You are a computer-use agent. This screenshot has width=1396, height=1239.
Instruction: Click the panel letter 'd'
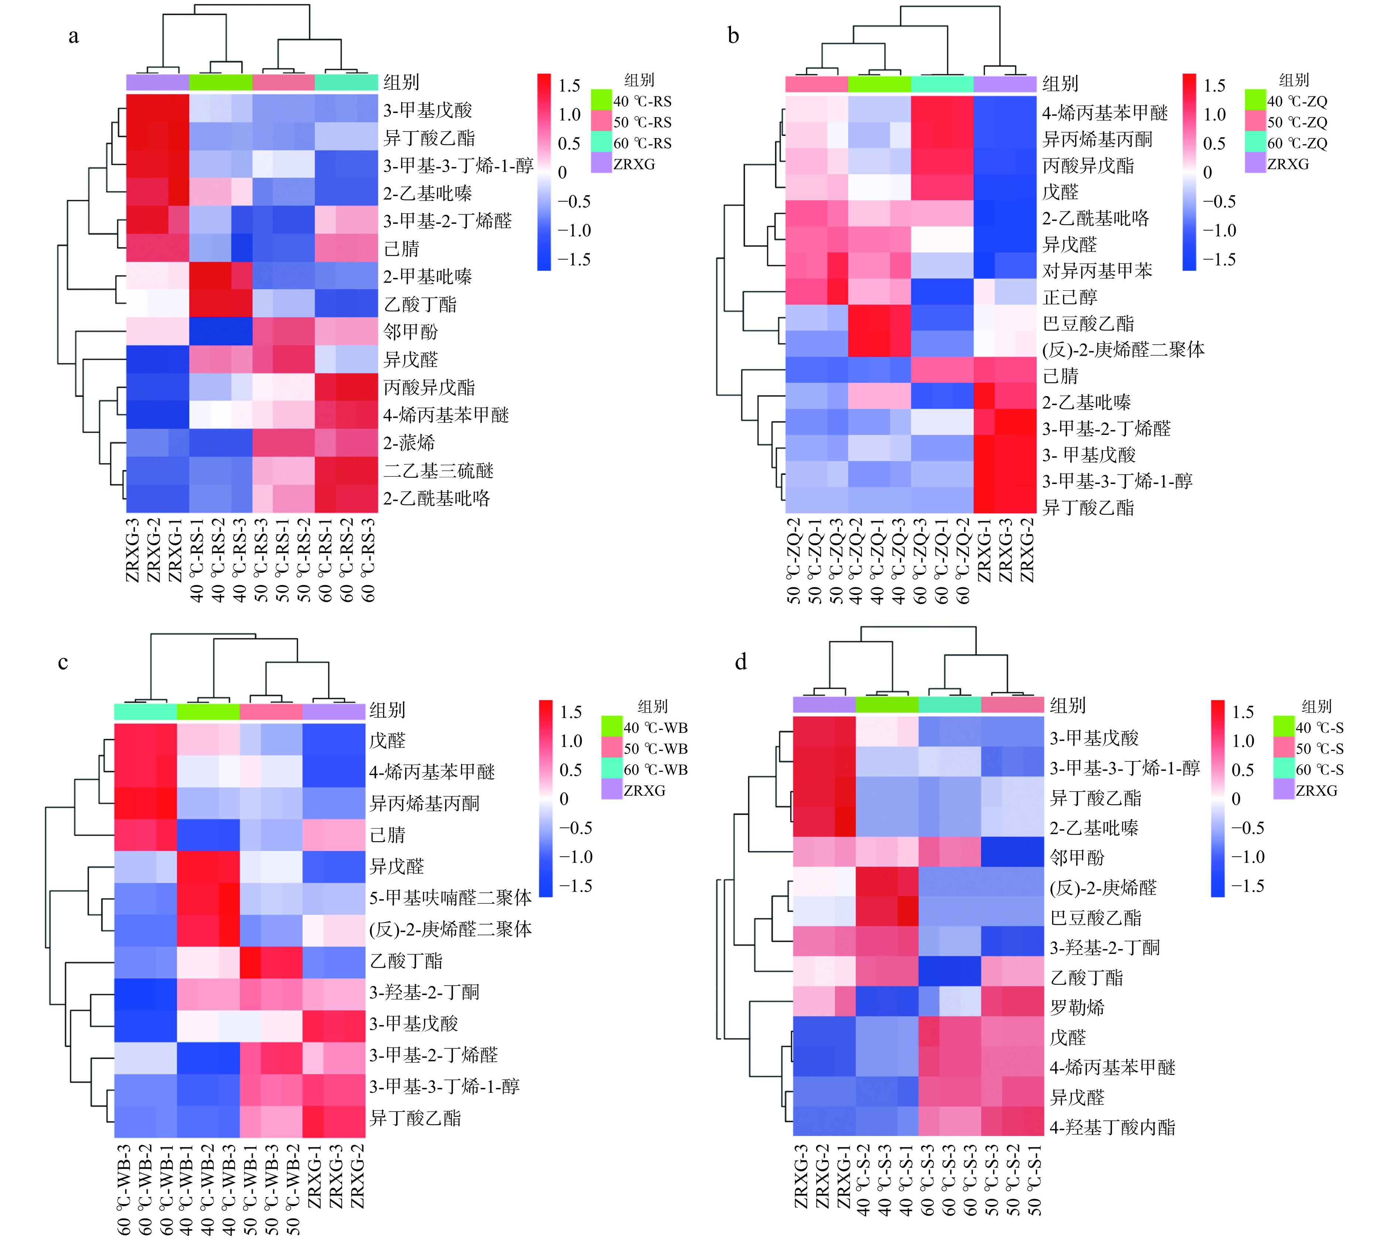click(741, 662)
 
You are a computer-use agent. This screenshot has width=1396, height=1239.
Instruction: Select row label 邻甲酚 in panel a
click(410, 332)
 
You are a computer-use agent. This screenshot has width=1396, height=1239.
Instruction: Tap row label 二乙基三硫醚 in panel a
click(438, 471)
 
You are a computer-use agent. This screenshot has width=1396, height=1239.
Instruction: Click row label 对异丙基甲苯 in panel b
click(1097, 271)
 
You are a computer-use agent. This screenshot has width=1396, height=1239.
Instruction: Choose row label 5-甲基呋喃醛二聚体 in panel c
click(450, 898)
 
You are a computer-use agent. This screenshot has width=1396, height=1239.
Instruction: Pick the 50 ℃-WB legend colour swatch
click(611, 748)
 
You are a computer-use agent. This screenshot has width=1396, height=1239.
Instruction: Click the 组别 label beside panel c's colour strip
click(387, 710)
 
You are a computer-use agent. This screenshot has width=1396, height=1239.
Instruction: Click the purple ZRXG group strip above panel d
click(824, 704)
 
